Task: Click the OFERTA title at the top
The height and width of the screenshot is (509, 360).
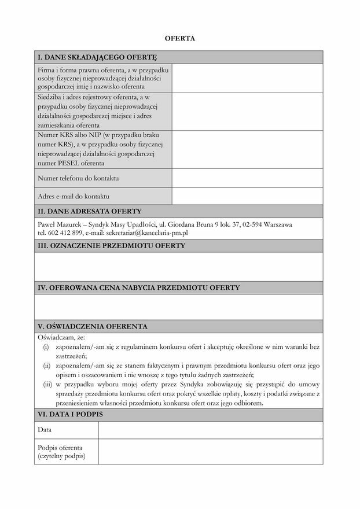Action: point(179,38)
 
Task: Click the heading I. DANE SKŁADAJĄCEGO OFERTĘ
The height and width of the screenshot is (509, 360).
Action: point(97,57)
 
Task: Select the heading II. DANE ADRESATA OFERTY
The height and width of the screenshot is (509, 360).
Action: point(90,211)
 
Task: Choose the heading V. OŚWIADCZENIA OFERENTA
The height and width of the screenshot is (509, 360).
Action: point(93,326)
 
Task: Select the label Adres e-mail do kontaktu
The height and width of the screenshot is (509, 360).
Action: point(74,196)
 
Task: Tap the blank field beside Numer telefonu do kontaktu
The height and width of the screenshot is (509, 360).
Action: point(247,178)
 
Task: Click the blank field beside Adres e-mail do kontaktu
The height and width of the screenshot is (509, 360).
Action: point(247,196)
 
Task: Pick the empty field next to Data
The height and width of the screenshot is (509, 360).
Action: point(210,430)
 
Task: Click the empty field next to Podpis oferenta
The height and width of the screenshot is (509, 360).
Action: point(210,452)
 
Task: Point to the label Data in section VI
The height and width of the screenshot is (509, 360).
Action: point(45,430)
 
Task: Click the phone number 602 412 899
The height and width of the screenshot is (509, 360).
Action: point(64,233)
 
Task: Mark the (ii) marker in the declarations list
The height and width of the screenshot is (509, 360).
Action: point(47,366)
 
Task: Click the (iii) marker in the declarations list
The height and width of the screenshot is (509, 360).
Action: point(47,383)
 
